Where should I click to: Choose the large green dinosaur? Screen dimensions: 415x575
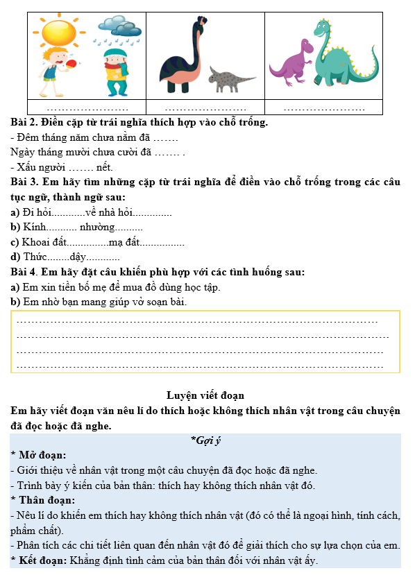coord(339,55)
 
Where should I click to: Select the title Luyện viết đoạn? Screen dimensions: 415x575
coord(205,395)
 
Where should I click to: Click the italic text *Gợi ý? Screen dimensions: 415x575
coord(205,440)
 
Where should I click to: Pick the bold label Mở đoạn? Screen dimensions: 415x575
coord(41,455)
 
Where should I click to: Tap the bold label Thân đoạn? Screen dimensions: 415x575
coord(46,500)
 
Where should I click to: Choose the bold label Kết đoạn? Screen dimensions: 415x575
coord(44,560)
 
